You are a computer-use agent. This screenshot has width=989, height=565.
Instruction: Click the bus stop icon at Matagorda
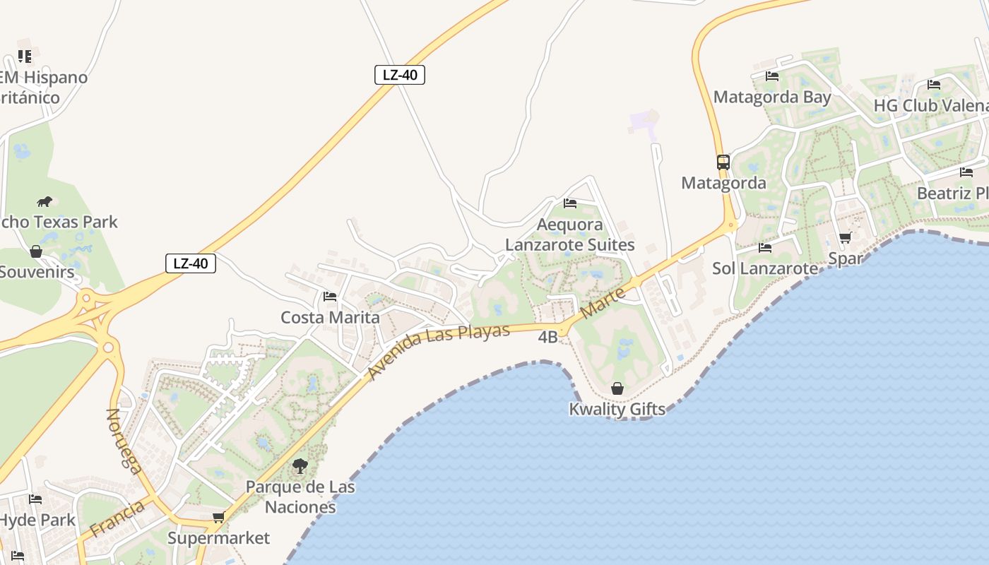click(x=723, y=162)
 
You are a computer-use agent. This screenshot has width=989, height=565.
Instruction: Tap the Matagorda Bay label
click(x=772, y=97)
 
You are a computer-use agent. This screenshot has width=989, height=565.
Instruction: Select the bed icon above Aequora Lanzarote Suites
click(x=570, y=203)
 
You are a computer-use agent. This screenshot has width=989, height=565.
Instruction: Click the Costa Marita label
click(x=330, y=317)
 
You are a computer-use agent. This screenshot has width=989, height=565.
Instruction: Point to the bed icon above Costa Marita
click(x=329, y=297)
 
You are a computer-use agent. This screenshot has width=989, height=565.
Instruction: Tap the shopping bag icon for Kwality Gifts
click(x=617, y=388)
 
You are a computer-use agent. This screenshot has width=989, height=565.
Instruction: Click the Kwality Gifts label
click(x=617, y=409)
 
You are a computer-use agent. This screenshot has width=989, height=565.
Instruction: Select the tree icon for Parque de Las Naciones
click(x=300, y=466)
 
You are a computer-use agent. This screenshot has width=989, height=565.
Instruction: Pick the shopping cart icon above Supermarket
click(x=218, y=518)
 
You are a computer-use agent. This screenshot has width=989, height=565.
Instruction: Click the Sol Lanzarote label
click(x=765, y=268)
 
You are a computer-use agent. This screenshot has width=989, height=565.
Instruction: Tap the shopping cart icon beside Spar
click(x=845, y=237)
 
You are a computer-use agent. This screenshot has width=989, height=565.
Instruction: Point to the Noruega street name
click(x=123, y=441)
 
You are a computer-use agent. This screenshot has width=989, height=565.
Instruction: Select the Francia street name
click(x=118, y=518)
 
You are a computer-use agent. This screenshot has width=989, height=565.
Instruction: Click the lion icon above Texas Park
click(x=45, y=201)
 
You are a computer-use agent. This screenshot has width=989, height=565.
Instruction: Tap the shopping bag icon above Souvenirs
click(x=36, y=251)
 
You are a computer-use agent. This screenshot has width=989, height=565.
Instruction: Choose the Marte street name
click(x=602, y=302)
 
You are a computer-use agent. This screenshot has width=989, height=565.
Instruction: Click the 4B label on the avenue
click(x=548, y=337)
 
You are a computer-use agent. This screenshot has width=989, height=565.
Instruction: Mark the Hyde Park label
click(x=37, y=521)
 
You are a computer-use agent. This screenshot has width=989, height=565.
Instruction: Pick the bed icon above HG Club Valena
click(x=934, y=85)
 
